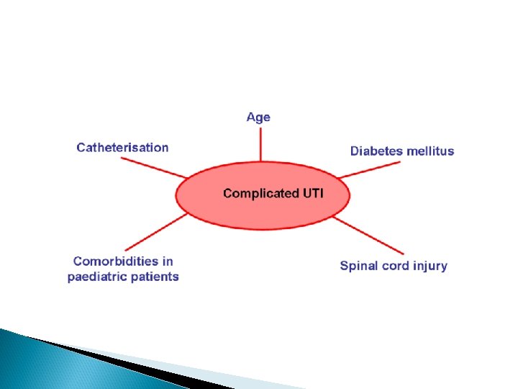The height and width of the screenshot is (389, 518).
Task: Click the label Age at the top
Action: click(258, 117)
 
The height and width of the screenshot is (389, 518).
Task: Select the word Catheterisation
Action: click(122, 148)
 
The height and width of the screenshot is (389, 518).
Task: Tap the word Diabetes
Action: click(377, 151)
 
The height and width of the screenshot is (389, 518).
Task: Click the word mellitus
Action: click(430, 151)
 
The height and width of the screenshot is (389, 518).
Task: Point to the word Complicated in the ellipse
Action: click(260, 193)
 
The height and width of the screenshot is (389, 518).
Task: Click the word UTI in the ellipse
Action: click(312, 193)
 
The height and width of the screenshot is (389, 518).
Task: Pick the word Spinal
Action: click(359, 266)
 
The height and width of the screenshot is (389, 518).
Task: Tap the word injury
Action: click(430, 267)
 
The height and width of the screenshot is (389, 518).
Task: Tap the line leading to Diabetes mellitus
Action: click(370, 169)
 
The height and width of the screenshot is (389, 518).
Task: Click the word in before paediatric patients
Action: click(166, 261)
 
